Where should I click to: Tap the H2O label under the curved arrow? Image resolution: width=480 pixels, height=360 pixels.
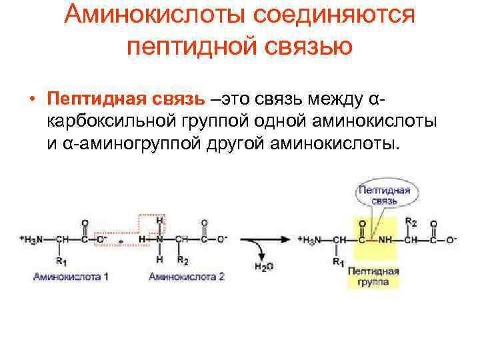click(x=264, y=267)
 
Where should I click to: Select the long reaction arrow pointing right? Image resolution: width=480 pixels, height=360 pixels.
click(x=264, y=238)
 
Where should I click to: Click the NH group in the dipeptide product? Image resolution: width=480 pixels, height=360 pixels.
click(x=386, y=239)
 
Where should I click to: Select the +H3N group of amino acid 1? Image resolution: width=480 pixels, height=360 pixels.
click(x=32, y=239)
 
